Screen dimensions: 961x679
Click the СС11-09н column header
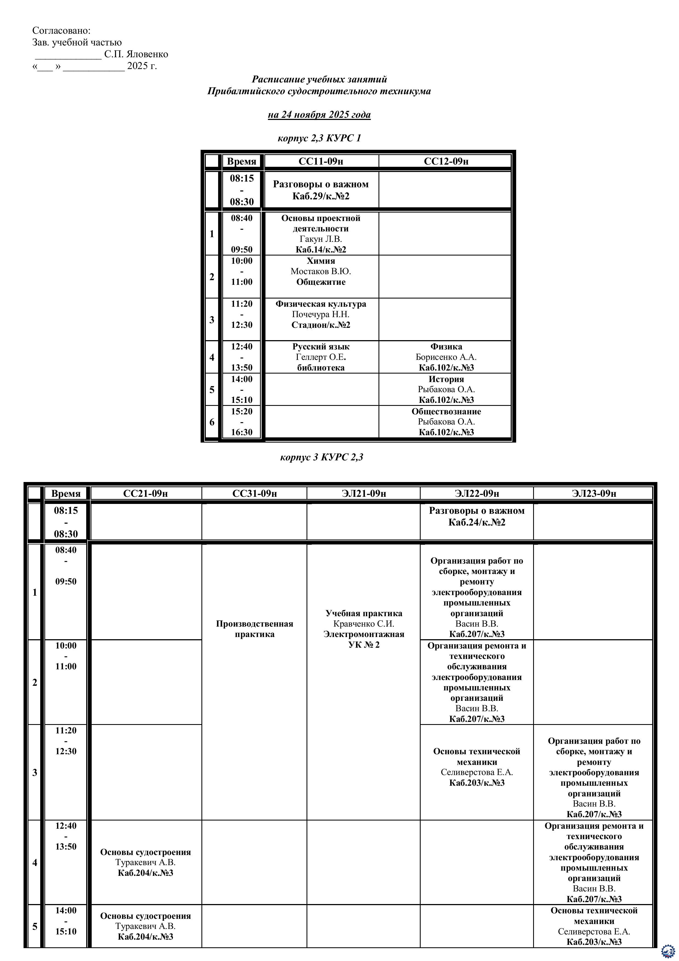(321, 161)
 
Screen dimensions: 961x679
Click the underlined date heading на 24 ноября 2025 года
(319, 115)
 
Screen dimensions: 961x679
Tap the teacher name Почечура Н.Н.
(321, 314)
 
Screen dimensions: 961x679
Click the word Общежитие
(321, 282)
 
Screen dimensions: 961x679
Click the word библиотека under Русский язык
(321, 368)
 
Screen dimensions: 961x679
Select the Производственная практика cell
(254, 629)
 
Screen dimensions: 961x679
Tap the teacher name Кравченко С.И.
(363, 624)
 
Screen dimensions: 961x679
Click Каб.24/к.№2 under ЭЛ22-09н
(476, 522)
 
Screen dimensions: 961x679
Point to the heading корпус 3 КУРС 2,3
(321, 457)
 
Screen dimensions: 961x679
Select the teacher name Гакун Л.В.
(321, 239)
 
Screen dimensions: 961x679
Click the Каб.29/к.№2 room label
(321, 196)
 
